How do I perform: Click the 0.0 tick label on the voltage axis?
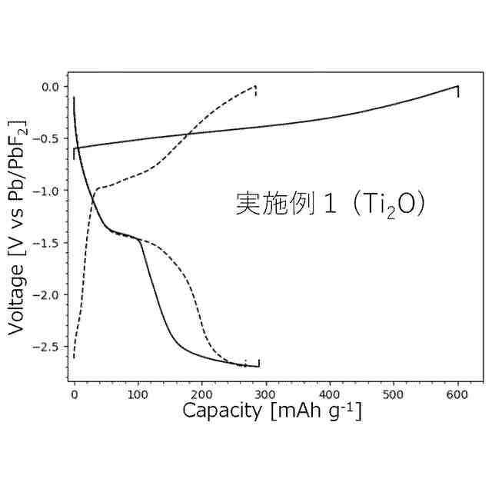pyautogui.click(x=50, y=87)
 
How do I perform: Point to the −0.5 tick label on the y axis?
pyautogui.click(x=48, y=139)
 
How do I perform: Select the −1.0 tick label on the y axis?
pyautogui.click(x=48, y=191)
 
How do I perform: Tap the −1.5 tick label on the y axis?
pyautogui.click(x=48, y=243)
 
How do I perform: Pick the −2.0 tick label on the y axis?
pyautogui.click(x=48, y=295)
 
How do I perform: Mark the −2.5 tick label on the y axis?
pyautogui.click(x=48, y=347)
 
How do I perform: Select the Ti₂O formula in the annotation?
pyautogui.click(x=388, y=204)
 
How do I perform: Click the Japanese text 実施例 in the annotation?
pyautogui.click(x=272, y=204)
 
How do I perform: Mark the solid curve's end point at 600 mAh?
pyautogui.click(x=458, y=87)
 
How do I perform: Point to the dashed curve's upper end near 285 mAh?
pyautogui.click(x=254, y=87)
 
